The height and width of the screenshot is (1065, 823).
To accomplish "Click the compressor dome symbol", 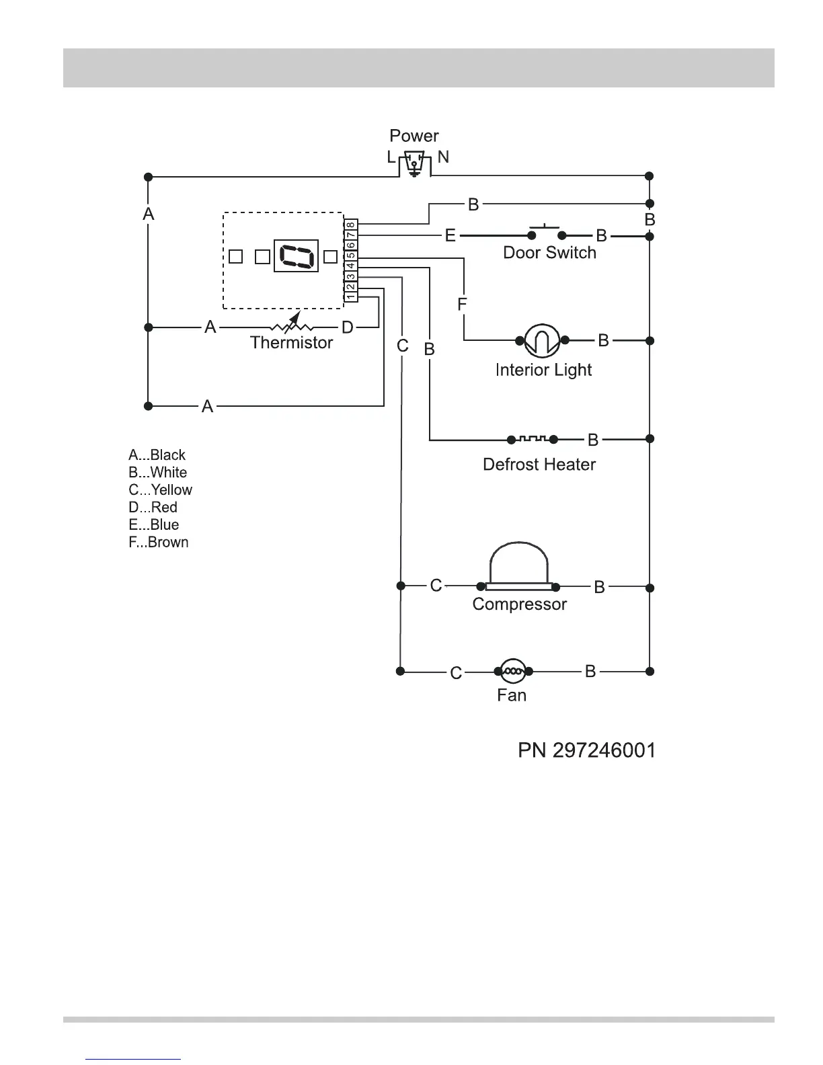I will tap(519, 566).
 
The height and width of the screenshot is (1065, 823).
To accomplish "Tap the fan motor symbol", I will tap(513, 670).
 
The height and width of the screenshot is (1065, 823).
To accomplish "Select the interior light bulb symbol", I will tap(542, 341).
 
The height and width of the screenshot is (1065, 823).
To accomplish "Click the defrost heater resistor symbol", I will tap(533, 439).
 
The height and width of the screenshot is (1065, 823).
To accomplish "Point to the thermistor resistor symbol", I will tap(292, 327).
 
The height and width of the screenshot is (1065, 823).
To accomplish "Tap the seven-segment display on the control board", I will tap(296, 256).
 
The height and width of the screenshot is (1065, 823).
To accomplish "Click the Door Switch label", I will tap(549, 253).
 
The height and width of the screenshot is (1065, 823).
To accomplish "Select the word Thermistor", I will tap(291, 343).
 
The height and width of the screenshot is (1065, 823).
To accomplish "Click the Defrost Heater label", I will tap(539, 465).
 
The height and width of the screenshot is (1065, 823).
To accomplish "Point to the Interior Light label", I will tap(543, 370).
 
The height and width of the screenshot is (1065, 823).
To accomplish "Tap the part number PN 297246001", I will tap(586, 750).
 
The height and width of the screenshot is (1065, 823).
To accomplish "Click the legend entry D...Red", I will tap(153, 507).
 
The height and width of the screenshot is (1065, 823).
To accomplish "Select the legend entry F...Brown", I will tap(158, 542).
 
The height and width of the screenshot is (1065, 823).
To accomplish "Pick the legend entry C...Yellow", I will tap(160, 489).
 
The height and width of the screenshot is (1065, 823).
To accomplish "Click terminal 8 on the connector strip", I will tap(351, 225).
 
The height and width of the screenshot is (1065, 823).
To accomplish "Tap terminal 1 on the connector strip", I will tap(351, 296).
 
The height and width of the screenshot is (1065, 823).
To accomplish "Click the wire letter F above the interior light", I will tap(462, 305).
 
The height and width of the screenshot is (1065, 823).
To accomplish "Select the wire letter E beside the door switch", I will tap(450, 235).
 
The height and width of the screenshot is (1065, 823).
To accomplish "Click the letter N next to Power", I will tap(443, 157).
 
